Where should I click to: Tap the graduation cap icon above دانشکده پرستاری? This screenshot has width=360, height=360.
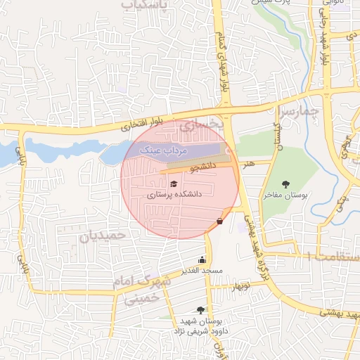pos(173,184)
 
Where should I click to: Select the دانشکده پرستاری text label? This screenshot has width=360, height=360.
pos(174,194)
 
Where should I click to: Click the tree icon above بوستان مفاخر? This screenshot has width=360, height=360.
pos(285,184)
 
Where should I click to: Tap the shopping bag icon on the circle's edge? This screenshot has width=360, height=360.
pos(220,221)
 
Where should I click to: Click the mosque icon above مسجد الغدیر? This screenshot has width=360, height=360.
pos(202,259)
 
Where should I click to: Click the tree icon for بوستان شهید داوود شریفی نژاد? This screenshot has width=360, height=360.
pos(202,309)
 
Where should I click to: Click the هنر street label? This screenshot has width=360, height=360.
pos(248,162)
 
